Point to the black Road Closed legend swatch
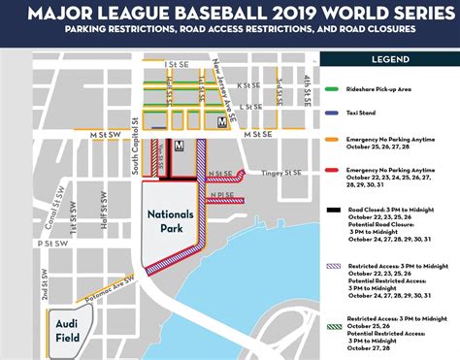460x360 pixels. pos(332,207)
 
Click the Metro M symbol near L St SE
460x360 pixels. pos(223,122)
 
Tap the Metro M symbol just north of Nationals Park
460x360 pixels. pos(179,146)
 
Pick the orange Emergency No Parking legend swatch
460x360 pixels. pos(332,138)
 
